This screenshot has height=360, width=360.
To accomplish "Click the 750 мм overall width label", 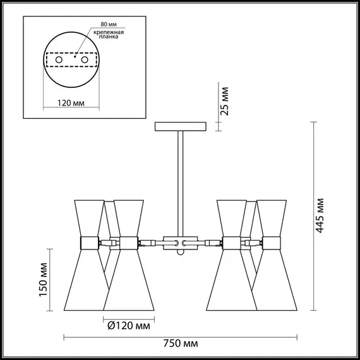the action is [x=181, y=344].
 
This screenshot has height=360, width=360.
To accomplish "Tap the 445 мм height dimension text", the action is [x=320, y=216].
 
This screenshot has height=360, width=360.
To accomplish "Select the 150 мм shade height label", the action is [x=43, y=279].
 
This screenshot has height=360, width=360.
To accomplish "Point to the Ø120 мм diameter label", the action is [x=129, y=325].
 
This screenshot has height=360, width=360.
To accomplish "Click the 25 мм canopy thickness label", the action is [x=224, y=101].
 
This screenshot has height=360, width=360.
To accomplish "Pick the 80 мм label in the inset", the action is [x=109, y=24].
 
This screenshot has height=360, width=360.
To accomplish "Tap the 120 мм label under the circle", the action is [x=71, y=103].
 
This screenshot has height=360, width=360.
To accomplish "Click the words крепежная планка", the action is [x=109, y=35].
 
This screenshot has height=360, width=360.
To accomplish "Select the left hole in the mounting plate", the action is [x=59, y=60].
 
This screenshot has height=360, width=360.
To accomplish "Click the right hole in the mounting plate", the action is [x=85, y=60].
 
